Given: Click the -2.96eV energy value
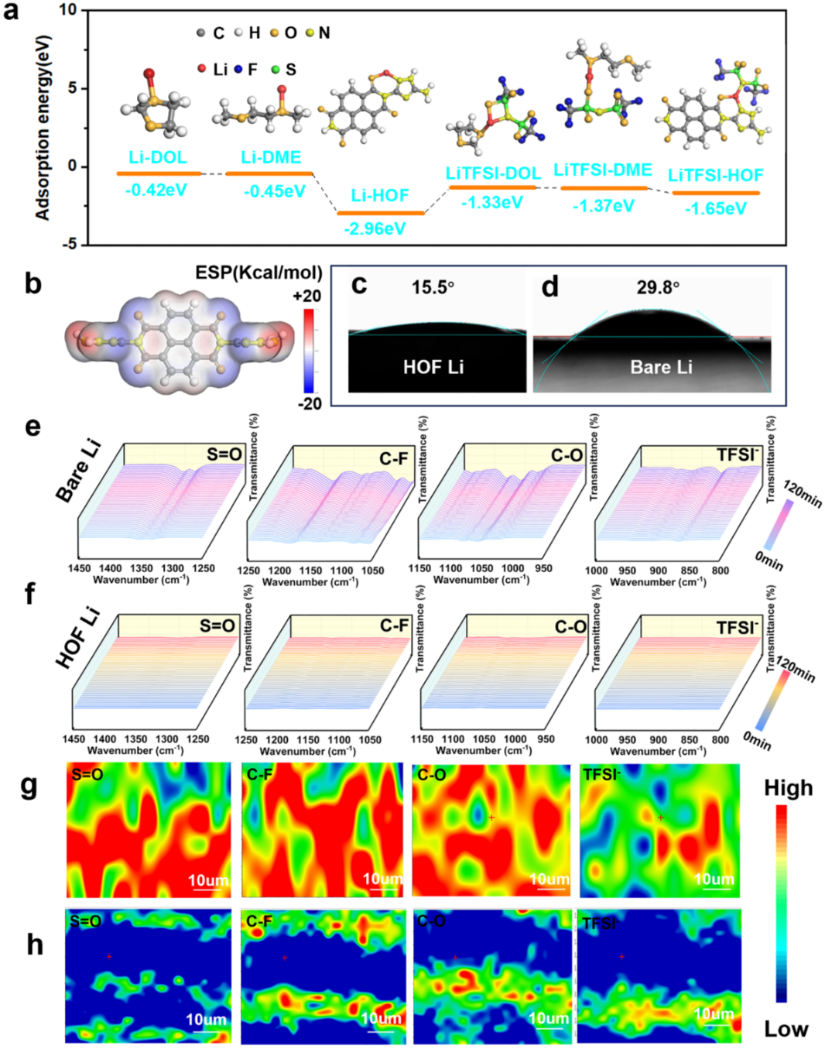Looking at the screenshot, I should point(375,228).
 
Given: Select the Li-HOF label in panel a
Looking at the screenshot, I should point(379,196).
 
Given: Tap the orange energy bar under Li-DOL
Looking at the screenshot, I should point(159,173).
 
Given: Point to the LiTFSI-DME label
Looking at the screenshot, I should point(602,170).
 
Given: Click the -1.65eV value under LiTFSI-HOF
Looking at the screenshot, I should point(715,208).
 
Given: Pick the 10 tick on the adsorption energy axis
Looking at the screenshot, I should point(68,10).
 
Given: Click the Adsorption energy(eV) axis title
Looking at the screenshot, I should point(43,127).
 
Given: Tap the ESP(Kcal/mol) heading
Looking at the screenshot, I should point(258,273).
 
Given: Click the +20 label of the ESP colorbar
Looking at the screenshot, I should point(307,296).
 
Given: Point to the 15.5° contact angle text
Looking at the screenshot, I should point(433,287).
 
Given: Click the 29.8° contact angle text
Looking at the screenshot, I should point(658,287).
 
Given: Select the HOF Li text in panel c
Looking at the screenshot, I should point(433,367).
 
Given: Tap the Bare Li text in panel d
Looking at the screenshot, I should point(661,367).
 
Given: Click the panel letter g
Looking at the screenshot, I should point(29,786).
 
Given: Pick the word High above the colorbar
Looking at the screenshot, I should point(788,788).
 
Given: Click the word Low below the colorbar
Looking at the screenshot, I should point(786,1029).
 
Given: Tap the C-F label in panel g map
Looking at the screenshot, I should point(259,773).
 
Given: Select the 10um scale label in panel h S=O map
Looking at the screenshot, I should point(206,1020).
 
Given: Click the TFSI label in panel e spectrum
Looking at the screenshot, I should point(736,454).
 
